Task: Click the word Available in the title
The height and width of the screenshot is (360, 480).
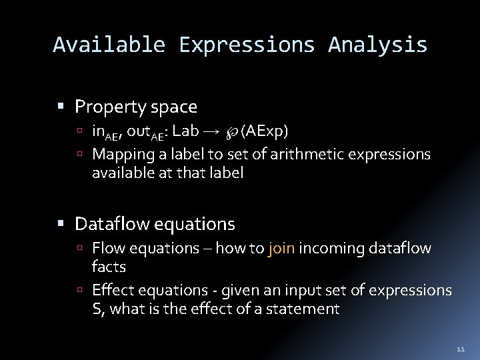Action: (x=109, y=45)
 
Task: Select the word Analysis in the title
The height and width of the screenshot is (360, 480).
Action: (x=377, y=45)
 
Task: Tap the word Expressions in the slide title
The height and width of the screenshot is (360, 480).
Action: (x=247, y=45)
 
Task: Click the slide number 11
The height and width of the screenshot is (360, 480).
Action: (x=460, y=349)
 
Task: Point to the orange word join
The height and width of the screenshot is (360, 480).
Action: (x=281, y=249)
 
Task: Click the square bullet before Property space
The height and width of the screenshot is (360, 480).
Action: (x=61, y=107)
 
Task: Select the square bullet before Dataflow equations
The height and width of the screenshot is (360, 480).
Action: (x=61, y=223)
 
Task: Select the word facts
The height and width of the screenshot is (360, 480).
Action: (x=109, y=267)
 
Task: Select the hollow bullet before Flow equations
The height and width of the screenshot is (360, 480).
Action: (x=79, y=249)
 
